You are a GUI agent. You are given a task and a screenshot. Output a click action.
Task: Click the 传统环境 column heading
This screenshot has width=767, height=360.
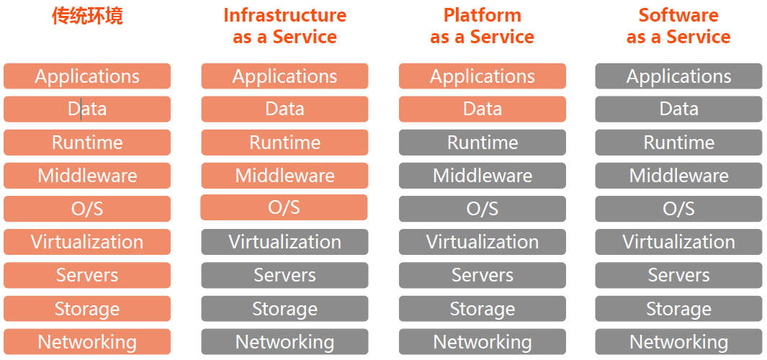(87, 16)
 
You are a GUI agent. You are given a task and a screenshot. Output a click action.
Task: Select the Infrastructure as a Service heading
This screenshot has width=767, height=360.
(284, 26)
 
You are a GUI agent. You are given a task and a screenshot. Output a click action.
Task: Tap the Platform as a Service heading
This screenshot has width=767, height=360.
(482, 26)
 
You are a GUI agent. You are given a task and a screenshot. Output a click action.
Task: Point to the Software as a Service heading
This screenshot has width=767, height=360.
(678, 26)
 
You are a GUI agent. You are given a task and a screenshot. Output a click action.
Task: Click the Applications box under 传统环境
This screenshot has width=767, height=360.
(87, 76)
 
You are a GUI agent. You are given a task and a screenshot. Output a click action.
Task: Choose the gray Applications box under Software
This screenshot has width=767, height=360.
(678, 76)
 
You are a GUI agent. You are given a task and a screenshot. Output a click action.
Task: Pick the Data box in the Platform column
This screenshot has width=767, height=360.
(482, 109)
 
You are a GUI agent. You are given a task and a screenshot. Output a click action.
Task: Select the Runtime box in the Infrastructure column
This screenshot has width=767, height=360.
(284, 143)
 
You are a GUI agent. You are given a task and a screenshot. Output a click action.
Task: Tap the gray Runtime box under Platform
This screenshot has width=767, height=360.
(482, 143)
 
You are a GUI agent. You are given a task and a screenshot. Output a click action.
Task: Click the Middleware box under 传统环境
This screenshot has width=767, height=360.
(87, 176)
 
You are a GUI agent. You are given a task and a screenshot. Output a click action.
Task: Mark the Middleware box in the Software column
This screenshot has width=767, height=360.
(678, 176)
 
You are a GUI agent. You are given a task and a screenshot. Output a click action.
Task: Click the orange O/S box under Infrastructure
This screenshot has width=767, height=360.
(284, 207)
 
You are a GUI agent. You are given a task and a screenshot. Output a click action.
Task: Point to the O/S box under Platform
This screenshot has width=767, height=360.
(482, 209)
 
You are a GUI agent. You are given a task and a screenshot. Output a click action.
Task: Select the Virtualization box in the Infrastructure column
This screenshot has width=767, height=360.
(284, 242)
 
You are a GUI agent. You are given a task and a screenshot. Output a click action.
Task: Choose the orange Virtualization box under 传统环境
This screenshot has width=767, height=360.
(87, 242)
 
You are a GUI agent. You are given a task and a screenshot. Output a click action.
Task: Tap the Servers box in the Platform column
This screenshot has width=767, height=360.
(482, 275)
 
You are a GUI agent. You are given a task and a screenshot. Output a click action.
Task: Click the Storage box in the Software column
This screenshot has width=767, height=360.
(678, 309)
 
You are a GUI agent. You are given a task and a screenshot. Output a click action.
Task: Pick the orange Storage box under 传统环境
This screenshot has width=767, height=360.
(87, 309)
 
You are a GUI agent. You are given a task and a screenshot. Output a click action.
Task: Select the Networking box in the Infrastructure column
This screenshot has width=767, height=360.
(284, 342)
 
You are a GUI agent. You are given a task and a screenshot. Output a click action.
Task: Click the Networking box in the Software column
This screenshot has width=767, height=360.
(678, 342)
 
